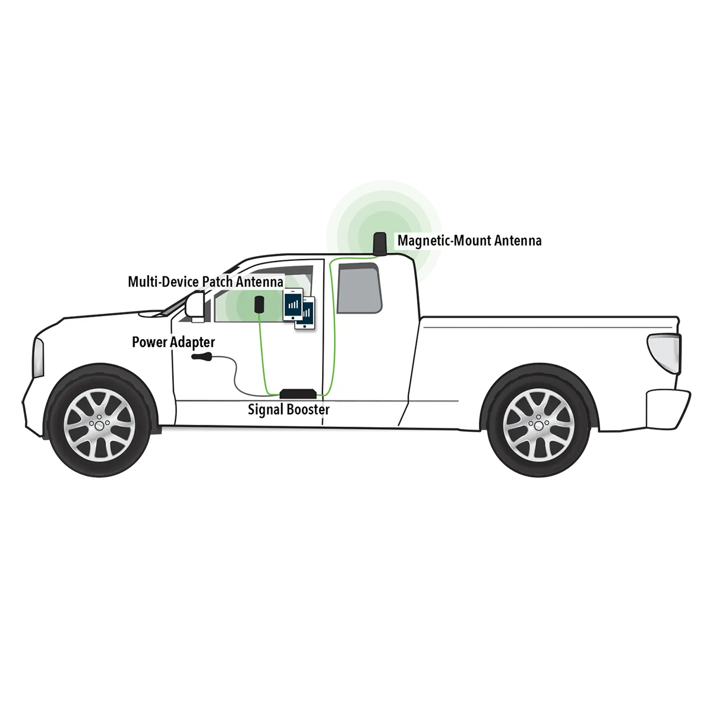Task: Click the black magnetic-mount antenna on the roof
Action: pos(380,244)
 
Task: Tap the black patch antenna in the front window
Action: pos(260,304)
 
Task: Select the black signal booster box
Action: pos(298,393)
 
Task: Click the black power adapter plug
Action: pos(202,356)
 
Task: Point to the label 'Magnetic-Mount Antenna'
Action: pos(469,241)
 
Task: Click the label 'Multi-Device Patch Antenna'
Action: pos(206,282)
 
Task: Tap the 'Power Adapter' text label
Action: pos(173,342)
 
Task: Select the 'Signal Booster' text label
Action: pos(289,409)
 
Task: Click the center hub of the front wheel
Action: pos(99,425)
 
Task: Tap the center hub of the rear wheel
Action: pos(539,425)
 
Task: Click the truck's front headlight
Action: pos(38,358)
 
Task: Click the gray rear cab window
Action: pos(359,288)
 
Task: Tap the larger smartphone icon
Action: pos(293,305)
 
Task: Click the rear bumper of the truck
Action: pos(668,408)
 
